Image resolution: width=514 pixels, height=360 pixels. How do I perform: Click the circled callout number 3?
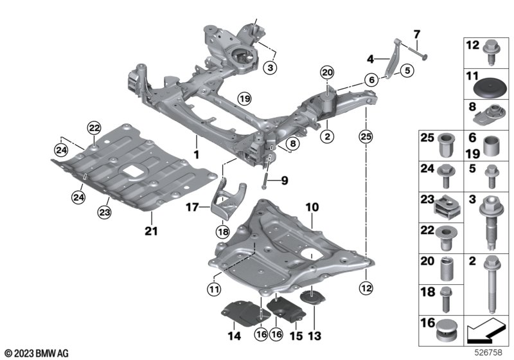[270, 68]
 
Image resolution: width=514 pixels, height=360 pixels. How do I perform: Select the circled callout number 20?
[328, 73]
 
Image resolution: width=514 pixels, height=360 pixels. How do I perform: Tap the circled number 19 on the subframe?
[244, 98]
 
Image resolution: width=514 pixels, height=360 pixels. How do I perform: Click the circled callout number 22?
[94, 128]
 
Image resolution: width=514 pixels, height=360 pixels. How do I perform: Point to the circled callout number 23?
[105, 212]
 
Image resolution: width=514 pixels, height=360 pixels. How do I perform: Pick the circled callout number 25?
[366, 136]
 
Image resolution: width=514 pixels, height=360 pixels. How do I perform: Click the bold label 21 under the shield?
[151, 231]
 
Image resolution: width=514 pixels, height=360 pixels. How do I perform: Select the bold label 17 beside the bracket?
[192, 207]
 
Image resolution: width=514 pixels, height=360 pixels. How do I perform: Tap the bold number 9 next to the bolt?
[284, 181]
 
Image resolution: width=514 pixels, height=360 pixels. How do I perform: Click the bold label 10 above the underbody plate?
[312, 207]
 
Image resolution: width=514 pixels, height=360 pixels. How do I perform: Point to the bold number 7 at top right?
[416, 34]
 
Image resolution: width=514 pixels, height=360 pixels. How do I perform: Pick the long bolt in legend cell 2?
[491, 284]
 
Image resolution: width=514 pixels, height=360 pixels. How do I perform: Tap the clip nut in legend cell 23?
[448, 208]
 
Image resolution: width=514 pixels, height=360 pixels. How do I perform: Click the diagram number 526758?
[488, 352]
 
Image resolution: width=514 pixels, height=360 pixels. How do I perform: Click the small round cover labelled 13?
[312, 298]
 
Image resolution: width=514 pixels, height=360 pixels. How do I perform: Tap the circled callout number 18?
[222, 233]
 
